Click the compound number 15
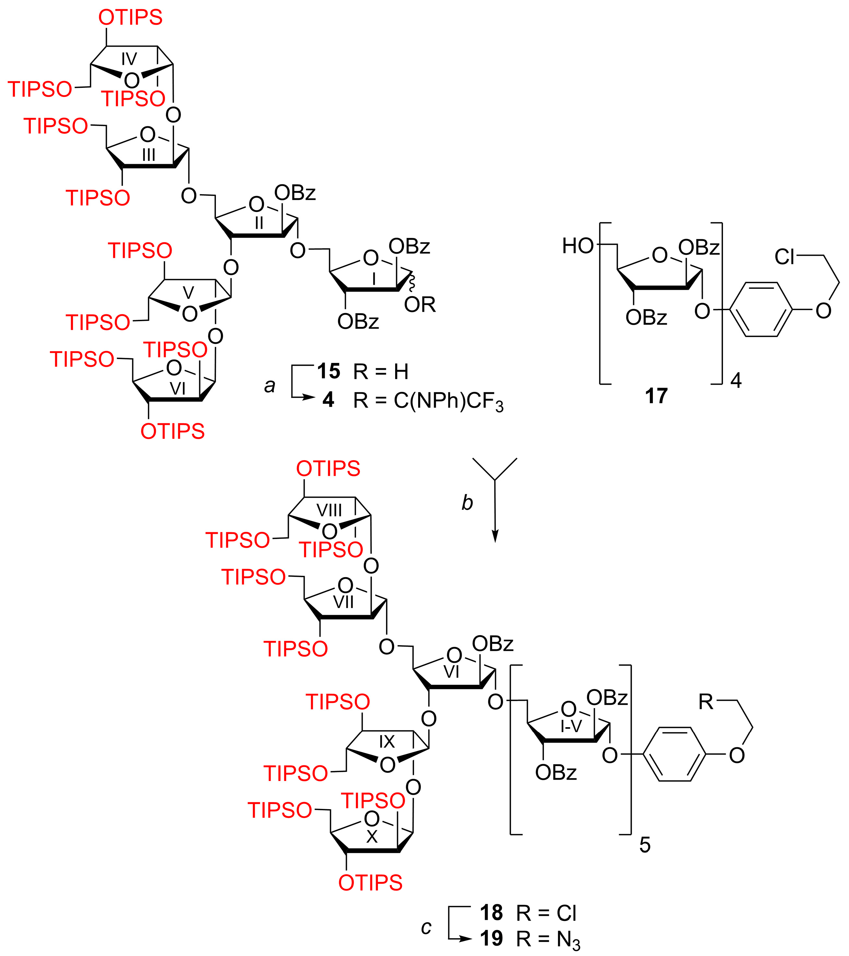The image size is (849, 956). click(x=329, y=371)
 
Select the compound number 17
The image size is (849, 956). click(x=656, y=396)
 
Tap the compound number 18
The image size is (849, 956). click(x=491, y=913)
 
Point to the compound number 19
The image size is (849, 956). click(x=491, y=938)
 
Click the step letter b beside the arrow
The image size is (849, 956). click(x=467, y=502)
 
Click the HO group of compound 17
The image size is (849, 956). click(x=578, y=246)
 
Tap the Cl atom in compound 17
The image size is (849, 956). click(x=784, y=257)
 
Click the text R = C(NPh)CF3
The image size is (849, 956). click(x=428, y=401)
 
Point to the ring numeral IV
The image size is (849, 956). click(x=129, y=59)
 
